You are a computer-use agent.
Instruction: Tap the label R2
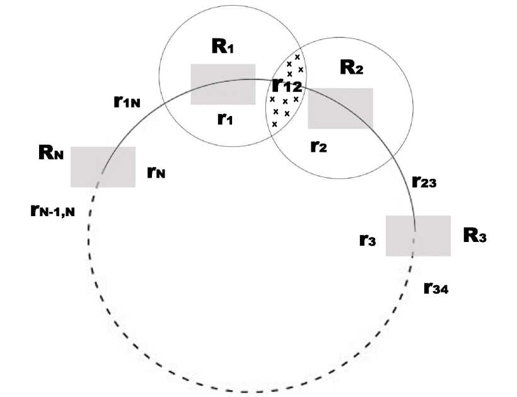pyautogui.click(x=351, y=67)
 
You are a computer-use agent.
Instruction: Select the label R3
pyautogui.click(x=475, y=236)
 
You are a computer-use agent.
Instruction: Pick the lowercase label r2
pyautogui.click(x=319, y=146)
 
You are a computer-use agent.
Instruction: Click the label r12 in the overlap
pyautogui.click(x=287, y=86)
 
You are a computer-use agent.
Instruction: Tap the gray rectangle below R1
pyautogui.click(x=223, y=84)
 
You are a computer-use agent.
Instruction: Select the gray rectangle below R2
pyautogui.click(x=340, y=108)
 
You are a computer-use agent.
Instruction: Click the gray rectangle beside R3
pyautogui.click(x=417, y=235)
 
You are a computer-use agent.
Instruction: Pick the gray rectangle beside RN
pyautogui.click(x=103, y=166)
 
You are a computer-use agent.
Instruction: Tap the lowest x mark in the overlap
pyautogui.click(x=274, y=124)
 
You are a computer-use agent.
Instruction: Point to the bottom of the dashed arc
pyautogui.click(x=252, y=391)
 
